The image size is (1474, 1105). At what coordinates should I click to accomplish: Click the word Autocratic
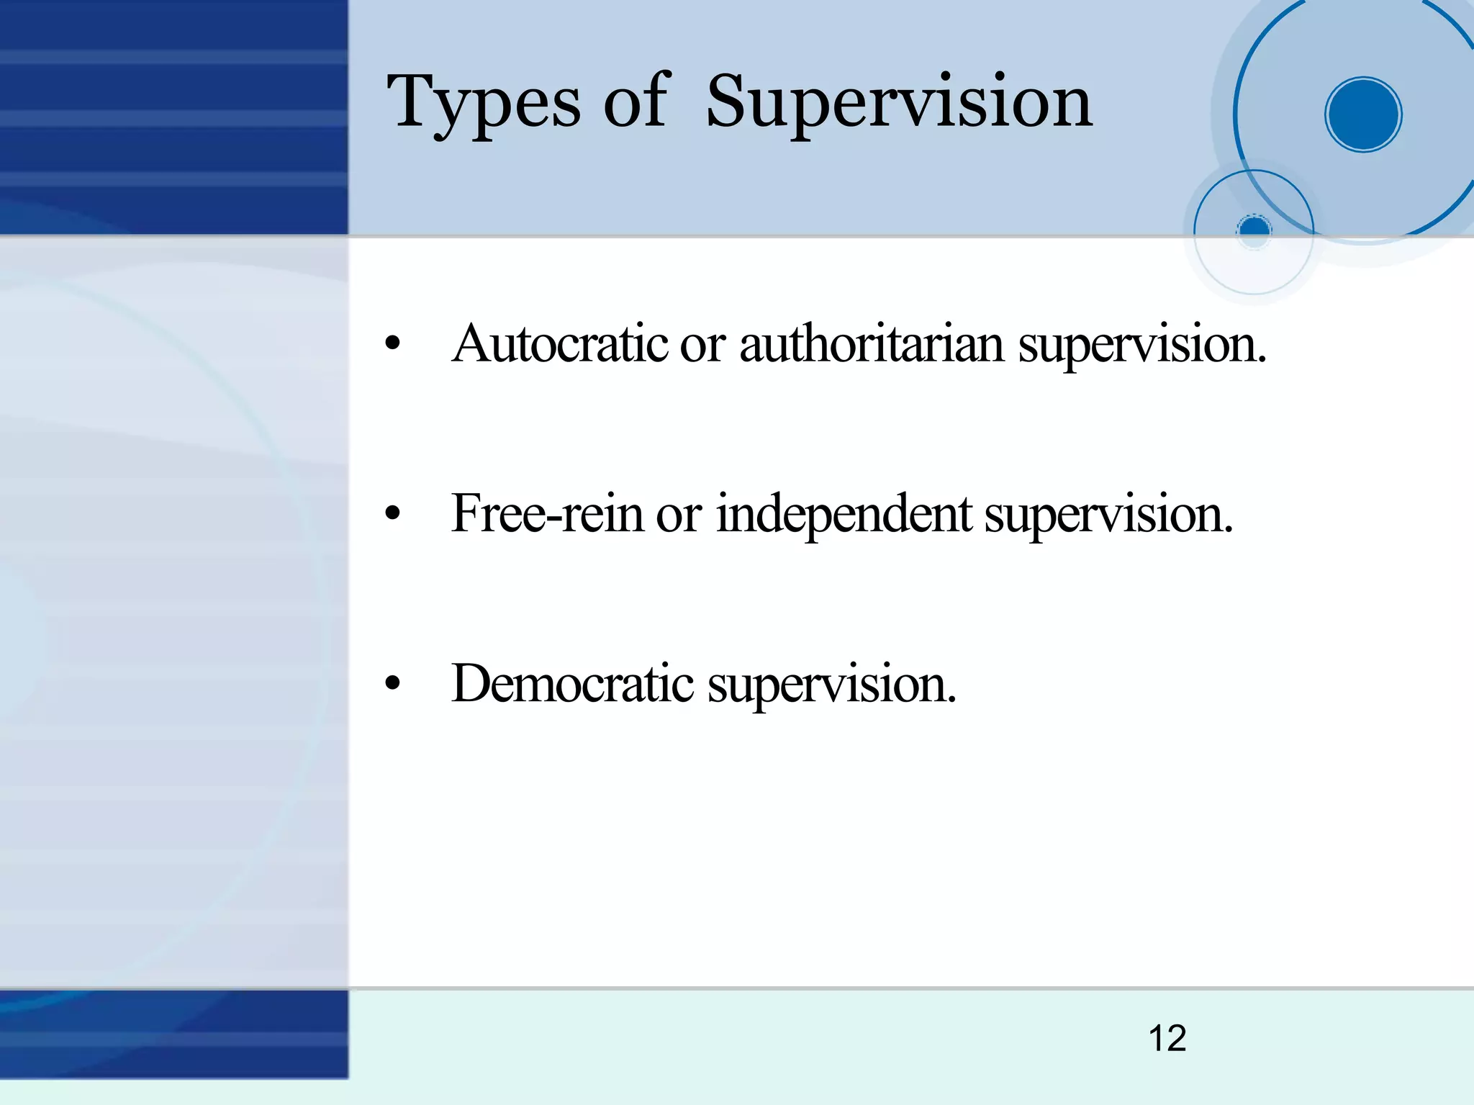coord(561,344)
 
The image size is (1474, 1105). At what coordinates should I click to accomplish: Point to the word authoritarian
coord(872,344)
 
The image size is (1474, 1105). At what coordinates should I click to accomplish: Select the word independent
coord(844,514)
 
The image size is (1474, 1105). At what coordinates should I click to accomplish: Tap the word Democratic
coord(572,683)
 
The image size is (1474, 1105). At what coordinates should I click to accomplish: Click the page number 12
coord(1167,1038)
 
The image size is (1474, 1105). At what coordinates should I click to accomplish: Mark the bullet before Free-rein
coord(392,514)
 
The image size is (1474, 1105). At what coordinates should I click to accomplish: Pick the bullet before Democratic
coord(392,684)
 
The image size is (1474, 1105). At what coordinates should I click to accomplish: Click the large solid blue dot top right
coord(1363,114)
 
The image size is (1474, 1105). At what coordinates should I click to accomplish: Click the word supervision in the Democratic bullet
coord(832,685)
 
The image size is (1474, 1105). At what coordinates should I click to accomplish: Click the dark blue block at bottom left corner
coord(173,1034)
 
